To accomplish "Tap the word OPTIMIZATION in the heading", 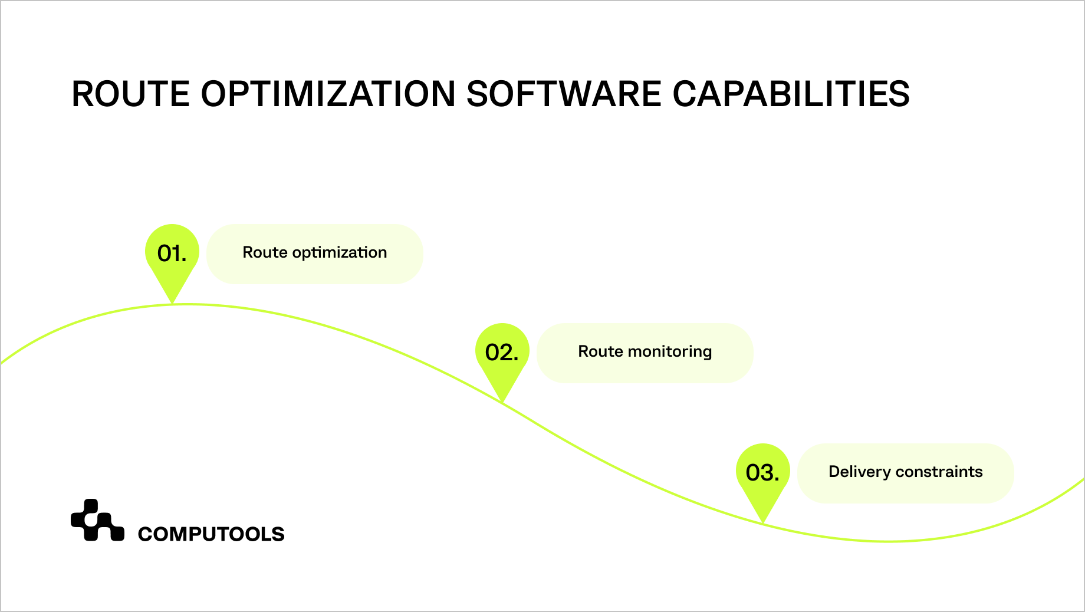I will (328, 94).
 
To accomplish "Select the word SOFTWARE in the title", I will (564, 94).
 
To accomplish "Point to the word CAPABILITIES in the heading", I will (791, 94).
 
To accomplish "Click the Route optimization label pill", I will (315, 254).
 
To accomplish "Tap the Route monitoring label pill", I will (645, 353).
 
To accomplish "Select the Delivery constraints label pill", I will (905, 473).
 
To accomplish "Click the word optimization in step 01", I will (340, 253).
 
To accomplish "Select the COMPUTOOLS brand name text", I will (211, 534).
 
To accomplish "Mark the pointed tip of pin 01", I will (172, 302).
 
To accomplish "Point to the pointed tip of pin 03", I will (763, 522).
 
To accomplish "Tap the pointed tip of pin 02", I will (502, 402).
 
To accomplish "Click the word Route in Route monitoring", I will (600, 352).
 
